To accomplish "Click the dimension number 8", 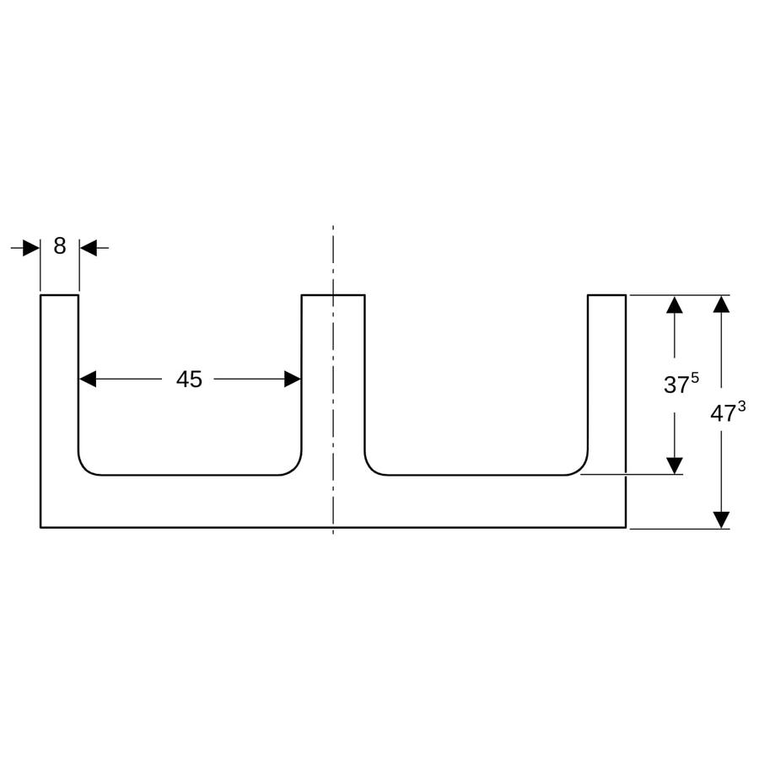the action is [x=60, y=246].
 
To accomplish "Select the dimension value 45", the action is [x=189, y=379].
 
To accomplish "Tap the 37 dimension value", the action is [x=676, y=385].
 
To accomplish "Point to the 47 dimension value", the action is [x=724, y=414].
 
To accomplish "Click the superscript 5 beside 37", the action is [x=695, y=378].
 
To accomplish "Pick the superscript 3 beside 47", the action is [x=741, y=407].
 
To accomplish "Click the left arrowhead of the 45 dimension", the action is [x=88, y=379].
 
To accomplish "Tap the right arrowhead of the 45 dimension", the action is [x=293, y=379].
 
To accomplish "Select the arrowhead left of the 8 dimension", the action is [x=31, y=248].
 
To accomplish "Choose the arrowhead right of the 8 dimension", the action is [x=88, y=248].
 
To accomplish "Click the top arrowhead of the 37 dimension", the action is [x=675, y=305].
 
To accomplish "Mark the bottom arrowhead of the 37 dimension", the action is [x=675, y=466].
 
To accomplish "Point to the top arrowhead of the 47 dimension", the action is [x=721, y=304].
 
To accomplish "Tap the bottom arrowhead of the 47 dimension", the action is [x=721, y=519].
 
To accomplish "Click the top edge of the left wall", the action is [x=60, y=295].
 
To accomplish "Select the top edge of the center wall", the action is [x=333, y=295].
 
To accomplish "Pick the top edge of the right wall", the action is [x=607, y=295].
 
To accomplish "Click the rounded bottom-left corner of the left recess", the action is [x=84, y=469].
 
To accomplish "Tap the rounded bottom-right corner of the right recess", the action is [x=581, y=469].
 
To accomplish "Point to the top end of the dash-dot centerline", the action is [x=333, y=225].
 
